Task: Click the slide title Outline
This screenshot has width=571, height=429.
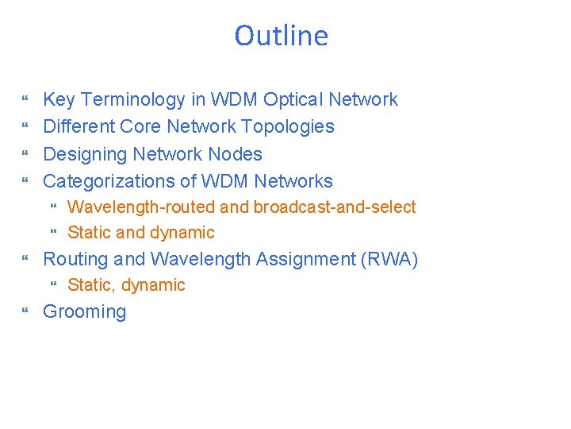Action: point(281,36)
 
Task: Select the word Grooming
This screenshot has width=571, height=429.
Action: point(84,311)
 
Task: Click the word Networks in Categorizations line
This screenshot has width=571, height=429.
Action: point(297,181)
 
